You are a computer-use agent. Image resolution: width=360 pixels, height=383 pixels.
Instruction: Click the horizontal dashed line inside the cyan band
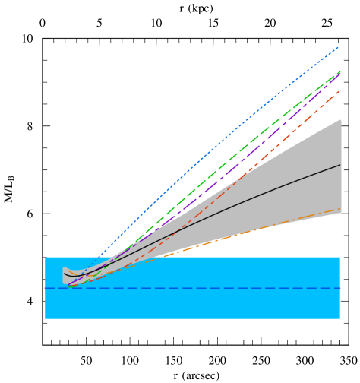[x=190, y=288]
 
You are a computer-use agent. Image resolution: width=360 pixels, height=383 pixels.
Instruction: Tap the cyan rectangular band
[x=190, y=304]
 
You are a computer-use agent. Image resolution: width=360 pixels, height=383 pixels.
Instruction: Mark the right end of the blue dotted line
[x=339, y=47]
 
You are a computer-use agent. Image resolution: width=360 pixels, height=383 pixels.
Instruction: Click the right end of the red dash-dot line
[x=340, y=90]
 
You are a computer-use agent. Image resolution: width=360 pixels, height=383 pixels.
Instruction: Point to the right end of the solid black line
[x=340, y=164]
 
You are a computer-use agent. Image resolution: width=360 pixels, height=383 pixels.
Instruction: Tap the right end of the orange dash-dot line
[x=340, y=208]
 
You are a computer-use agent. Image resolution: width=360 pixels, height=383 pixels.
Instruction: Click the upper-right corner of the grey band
[x=340, y=120]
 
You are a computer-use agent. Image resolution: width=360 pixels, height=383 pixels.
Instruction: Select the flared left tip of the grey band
[x=64, y=275]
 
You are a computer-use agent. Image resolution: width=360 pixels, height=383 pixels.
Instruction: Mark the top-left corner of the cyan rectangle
[x=46, y=258]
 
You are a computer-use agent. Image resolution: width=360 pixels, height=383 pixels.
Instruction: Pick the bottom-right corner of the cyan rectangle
[x=339, y=318]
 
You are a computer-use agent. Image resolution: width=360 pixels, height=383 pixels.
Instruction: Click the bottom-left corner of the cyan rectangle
[x=46, y=318]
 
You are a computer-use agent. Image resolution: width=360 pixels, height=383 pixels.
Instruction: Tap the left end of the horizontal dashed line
[x=46, y=288]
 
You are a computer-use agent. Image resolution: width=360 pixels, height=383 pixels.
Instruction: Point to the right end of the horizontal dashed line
[x=339, y=288]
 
